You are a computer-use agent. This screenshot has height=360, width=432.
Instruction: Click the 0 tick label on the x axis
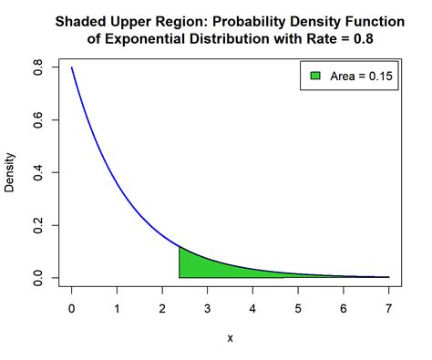tap(72, 309)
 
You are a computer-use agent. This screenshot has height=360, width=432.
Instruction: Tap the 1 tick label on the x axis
tap(118, 309)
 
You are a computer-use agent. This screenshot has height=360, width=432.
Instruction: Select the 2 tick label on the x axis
tap(162, 309)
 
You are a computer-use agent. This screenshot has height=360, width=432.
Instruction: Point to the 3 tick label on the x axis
tap(208, 309)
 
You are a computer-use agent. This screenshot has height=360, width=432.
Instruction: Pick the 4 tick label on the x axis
tap(253, 309)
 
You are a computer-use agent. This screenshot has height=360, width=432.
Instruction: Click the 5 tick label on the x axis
tap(298, 309)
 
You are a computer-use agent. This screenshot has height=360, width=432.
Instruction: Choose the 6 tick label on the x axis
tap(344, 309)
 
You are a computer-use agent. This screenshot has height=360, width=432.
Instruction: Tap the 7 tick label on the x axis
tap(389, 309)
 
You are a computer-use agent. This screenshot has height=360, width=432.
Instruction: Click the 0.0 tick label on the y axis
tap(37, 277)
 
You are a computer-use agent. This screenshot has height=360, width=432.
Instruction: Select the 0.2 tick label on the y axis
tap(37, 225)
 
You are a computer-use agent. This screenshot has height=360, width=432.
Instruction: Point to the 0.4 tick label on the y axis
tap(37, 172)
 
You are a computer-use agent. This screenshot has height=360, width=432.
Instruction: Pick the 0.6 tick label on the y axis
tap(37, 120)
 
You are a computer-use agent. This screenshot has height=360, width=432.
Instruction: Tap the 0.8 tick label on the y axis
tap(37, 67)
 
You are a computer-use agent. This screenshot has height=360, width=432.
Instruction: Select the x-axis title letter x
tap(231, 337)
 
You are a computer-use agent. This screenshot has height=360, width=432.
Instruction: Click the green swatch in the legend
tap(315, 77)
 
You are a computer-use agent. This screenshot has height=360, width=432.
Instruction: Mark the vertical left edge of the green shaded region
tap(180, 262)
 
